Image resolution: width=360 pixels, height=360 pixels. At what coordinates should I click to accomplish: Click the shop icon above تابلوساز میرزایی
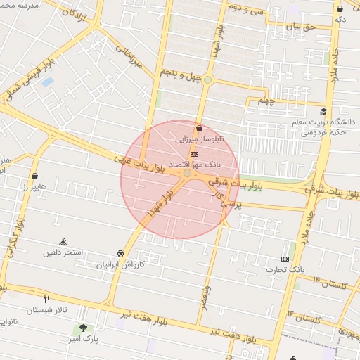pyautogui.click(x=200, y=129)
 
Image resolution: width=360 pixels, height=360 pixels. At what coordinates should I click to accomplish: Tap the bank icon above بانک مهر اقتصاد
pyautogui.click(x=195, y=154)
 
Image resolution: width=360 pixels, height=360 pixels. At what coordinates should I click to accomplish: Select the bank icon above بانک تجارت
pyautogui.click(x=285, y=258)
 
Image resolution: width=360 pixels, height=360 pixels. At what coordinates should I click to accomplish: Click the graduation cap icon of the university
pyautogui.click(x=323, y=112)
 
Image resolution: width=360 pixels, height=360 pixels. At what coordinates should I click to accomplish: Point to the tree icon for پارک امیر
pyautogui.click(x=84, y=328)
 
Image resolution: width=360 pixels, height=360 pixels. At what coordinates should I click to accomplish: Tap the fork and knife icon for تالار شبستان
pyautogui.click(x=47, y=299)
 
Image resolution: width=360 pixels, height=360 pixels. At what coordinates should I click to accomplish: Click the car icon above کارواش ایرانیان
pyautogui.click(x=120, y=253)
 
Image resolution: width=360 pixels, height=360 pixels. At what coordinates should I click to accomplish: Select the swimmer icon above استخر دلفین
pyautogui.click(x=64, y=241)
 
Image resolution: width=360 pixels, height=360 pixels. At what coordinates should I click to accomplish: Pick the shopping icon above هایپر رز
pyautogui.click(x=34, y=176)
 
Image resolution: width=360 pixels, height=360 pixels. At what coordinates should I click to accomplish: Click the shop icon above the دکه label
pyautogui.click(x=340, y=8)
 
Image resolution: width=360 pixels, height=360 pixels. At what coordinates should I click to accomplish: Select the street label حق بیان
pyautogui.click(x=302, y=27)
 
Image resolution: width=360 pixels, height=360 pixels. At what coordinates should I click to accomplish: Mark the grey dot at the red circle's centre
pyautogui.click(x=187, y=173)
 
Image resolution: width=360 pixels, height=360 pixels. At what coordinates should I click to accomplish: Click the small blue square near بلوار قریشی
pyautogui.click(x=47, y=82)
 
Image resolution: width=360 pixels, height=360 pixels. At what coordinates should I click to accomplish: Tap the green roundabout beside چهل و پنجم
pyautogui.click(x=207, y=79)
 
